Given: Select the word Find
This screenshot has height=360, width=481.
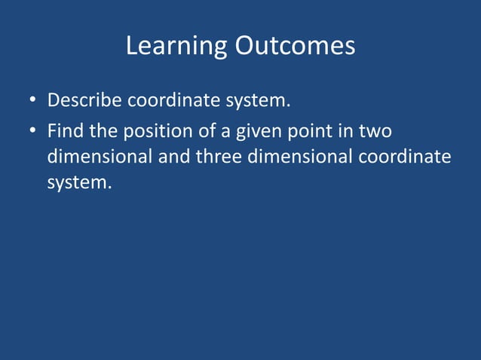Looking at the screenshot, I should (64, 132).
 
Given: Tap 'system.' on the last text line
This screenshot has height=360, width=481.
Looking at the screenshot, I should (79, 182).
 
